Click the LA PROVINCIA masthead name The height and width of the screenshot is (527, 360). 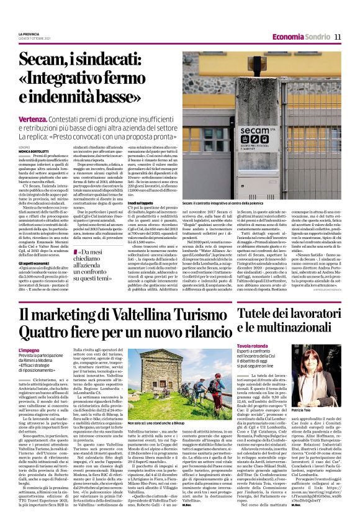[x=29, y=34]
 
